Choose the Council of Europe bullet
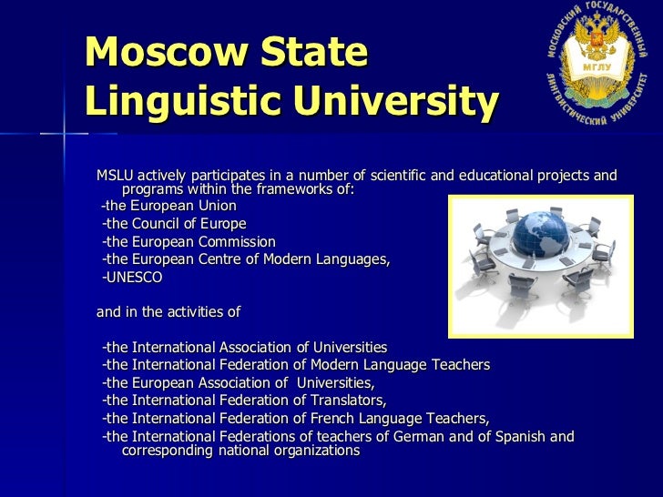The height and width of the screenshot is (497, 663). [x=174, y=224]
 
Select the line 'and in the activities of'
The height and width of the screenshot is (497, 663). [x=168, y=312]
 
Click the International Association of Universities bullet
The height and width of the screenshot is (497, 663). [x=245, y=348]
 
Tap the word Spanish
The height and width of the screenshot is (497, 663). [x=517, y=437]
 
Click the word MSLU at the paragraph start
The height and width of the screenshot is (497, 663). [x=117, y=176]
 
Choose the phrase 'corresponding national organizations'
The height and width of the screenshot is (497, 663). [x=240, y=451]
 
